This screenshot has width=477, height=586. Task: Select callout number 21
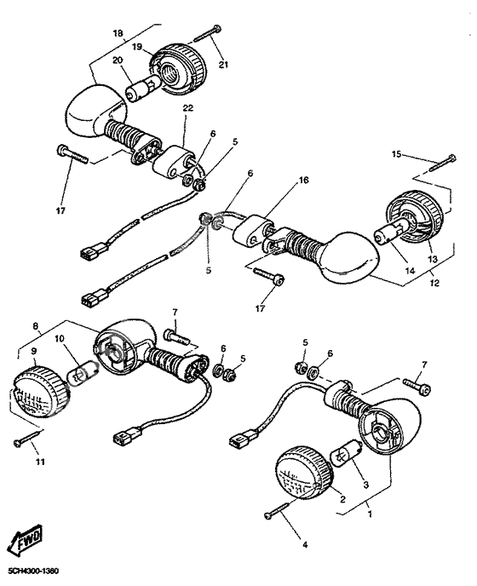223,65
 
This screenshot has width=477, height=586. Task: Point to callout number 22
188,108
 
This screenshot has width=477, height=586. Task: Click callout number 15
396,154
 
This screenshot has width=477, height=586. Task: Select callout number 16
303,180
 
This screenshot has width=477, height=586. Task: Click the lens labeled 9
38,391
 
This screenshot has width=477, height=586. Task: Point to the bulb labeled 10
82,373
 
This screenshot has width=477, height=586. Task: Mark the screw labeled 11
27,439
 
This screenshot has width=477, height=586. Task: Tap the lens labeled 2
304,473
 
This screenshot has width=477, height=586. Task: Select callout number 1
370,514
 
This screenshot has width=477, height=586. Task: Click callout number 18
118,33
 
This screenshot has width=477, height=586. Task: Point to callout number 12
434,283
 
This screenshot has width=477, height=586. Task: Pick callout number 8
36,326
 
